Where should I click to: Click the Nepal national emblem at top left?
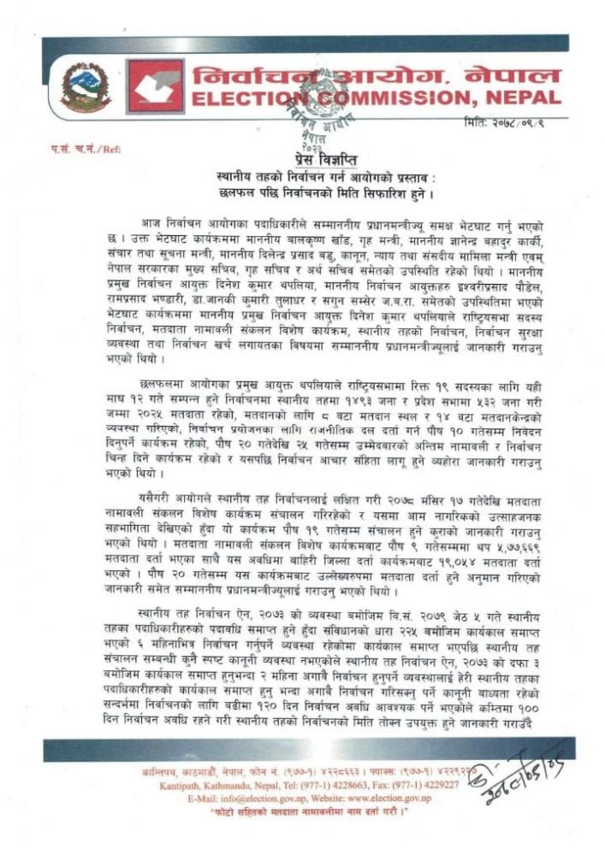tap(85, 89)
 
